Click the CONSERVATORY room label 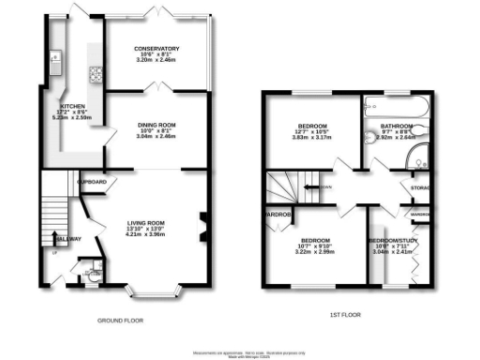coord(157,48)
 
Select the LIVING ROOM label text coord(145,223)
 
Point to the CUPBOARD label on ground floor coord(91,180)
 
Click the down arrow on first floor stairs coord(322,187)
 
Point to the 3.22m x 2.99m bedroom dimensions coord(315,252)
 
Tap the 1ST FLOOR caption coord(346,314)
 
